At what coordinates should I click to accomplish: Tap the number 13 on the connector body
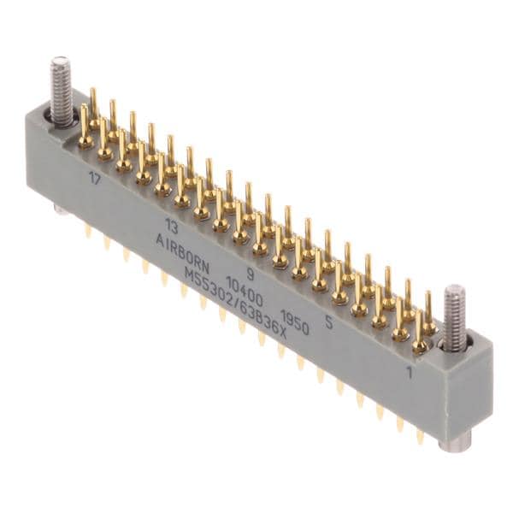pos(171,226)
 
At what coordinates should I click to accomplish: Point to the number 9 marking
pos(250,274)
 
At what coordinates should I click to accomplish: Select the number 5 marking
pos(329,322)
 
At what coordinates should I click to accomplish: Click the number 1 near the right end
pos(409,372)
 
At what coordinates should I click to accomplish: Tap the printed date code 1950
pos(295,322)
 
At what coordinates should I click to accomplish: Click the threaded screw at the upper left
pos(62,92)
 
